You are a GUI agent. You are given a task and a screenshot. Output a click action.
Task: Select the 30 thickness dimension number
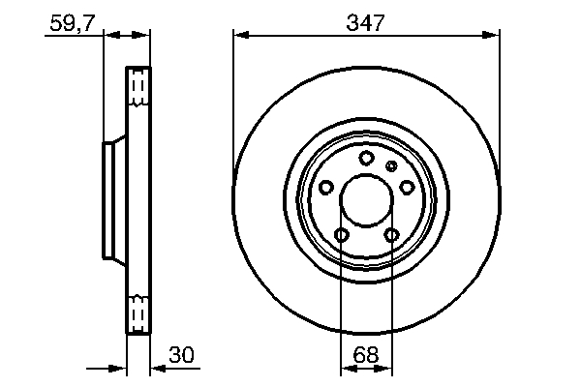181,355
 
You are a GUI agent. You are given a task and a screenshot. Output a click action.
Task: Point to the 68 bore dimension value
366,355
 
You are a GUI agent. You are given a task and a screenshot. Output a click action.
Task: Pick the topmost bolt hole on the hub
366,159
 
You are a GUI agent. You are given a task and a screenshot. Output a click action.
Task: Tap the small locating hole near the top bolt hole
391,166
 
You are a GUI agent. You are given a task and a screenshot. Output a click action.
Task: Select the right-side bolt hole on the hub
407,187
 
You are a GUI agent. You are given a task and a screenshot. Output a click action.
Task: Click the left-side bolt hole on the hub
325,187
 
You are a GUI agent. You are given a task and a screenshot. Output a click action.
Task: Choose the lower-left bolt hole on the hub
341,235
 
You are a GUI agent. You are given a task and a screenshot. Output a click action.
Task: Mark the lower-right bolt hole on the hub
391,235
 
